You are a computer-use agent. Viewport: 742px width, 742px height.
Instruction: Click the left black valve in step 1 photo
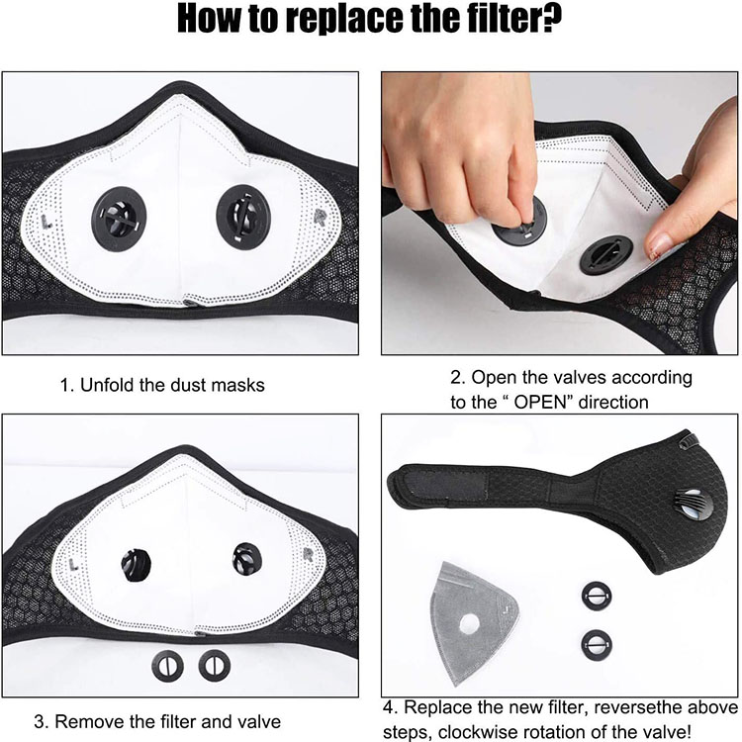pos(119,219)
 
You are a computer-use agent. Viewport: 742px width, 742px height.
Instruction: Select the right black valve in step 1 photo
pos(243,217)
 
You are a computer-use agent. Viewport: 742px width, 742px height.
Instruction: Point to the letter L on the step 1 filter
pos(46,222)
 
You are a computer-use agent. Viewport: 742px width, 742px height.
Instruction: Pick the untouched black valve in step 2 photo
pos(606,254)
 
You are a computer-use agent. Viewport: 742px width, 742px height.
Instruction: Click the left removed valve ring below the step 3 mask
pos(167,666)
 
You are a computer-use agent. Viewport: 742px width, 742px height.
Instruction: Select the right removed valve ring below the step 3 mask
pos(215,666)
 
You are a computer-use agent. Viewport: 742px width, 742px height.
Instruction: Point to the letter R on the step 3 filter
pos(308,555)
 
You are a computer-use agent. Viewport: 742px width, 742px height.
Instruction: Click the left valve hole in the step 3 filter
pos(137,565)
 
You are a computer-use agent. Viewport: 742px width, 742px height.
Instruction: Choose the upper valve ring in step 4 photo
pos(597,596)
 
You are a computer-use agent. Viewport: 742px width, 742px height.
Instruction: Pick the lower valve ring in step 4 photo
pos(597,645)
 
